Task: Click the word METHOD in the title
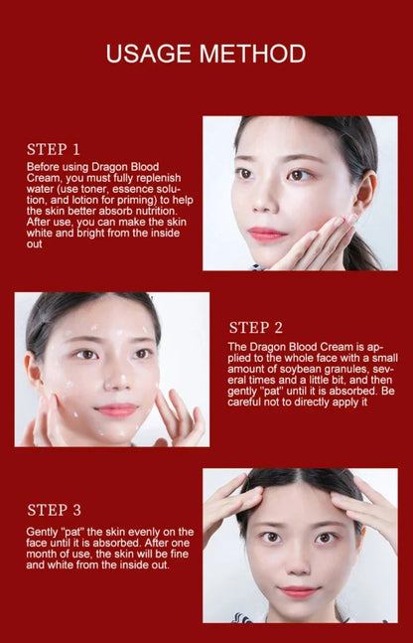pos(252,53)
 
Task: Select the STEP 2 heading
pos(256,327)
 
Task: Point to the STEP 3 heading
pos(61,510)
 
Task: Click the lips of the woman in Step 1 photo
pos(266,234)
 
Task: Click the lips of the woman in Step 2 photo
pos(116,409)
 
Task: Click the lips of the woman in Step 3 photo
pos(299,591)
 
